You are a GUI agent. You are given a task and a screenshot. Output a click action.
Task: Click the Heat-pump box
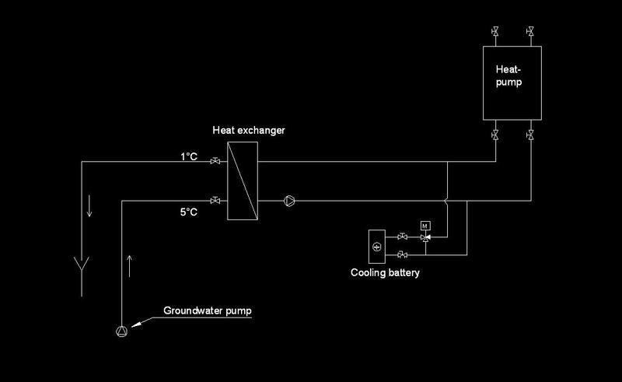(512, 82)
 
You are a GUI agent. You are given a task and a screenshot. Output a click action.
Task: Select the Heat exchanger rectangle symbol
(242, 181)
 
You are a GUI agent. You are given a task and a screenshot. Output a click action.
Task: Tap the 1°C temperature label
(190, 156)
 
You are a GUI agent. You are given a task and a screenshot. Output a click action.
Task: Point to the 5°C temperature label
(190, 211)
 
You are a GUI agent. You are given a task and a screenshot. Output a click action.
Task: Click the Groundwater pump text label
(208, 311)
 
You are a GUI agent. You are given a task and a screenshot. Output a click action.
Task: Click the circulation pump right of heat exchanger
(288, 201)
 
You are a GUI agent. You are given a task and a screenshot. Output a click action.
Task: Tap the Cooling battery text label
(385, 272)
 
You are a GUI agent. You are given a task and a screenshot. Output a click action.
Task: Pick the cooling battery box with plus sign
(377, 246)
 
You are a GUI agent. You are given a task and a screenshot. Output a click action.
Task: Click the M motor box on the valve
(425, 226)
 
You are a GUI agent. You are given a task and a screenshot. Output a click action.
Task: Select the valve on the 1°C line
(215, 162)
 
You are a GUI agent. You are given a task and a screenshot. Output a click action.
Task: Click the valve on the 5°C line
(215, 201)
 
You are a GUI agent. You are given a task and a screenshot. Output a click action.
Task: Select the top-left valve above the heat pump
(495, 33)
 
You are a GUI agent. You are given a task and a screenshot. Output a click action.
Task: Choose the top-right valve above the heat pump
(529, 33)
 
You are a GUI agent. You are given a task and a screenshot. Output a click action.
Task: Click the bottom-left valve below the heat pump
(495, 135)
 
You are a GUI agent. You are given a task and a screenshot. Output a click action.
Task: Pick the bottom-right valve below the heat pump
(529, 135)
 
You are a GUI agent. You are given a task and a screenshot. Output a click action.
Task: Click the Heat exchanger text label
(249, 130)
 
